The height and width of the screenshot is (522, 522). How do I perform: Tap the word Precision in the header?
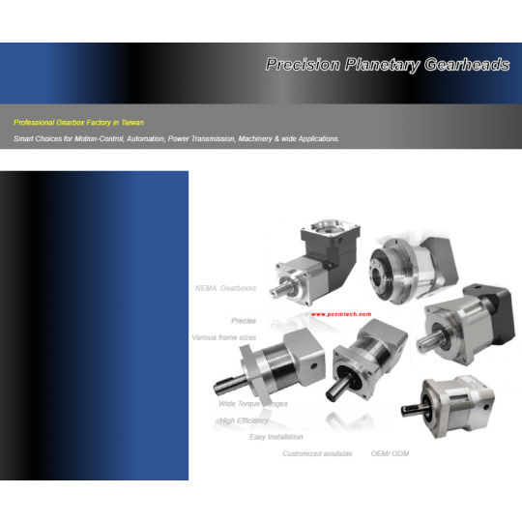[303, 65]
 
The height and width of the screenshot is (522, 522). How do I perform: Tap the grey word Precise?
[244, 320]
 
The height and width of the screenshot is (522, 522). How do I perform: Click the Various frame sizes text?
[223, 337]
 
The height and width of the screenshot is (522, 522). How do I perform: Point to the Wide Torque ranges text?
[253, 403]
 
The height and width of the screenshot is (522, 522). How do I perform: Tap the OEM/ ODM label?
[390, 453]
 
